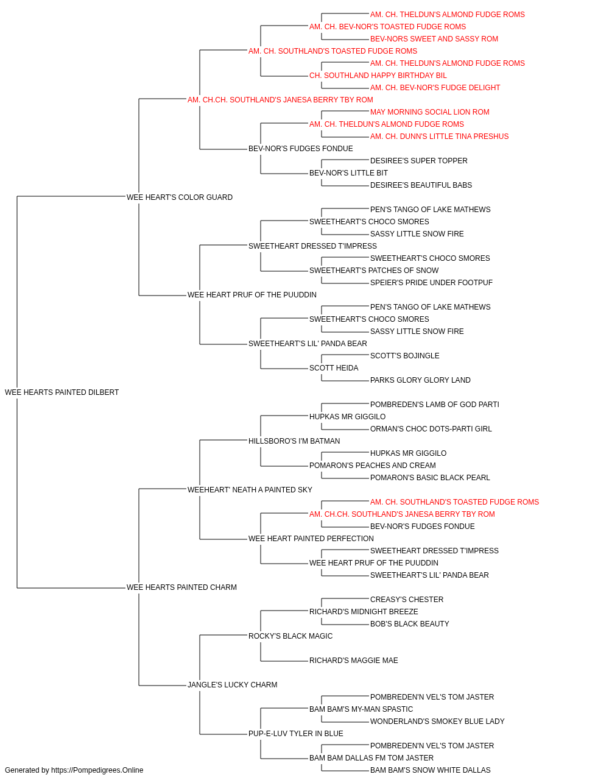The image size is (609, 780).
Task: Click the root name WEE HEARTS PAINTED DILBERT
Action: click(x=62, y=392)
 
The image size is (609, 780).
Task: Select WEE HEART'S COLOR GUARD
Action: click(x=180, y=197)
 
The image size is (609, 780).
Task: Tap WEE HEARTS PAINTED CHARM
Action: click(x=181, y=587)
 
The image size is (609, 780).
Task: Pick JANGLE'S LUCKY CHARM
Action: click(x=233, y=685)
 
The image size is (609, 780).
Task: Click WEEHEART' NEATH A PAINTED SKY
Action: click(x=250, y=490)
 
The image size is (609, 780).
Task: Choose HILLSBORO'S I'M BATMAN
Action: click(x=294, y=441)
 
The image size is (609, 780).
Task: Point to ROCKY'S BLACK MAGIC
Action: click(x=290, y=636)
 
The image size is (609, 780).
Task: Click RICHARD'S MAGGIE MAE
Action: click(x=354, y=661)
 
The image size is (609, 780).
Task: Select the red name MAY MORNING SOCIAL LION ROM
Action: click(x=430, y=112)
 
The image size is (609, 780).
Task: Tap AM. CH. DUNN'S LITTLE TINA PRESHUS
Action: click(x=439, y=136)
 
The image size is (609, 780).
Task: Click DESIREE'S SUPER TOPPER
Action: click(x=419, y=161)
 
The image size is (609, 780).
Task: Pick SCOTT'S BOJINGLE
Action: click(x=404, y=356)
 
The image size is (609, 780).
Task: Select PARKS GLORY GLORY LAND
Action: click(x=420, y=380)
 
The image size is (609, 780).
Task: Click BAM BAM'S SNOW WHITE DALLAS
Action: click(x=431, y=770)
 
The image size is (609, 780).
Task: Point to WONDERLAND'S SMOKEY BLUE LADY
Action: click(x=437, y=721)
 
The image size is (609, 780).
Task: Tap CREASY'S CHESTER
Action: click(x=407, y=600)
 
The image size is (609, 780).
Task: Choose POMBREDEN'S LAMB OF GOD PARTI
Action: click(x=435, y=405)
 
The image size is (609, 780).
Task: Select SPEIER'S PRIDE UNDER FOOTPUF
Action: click(x=431, y=283)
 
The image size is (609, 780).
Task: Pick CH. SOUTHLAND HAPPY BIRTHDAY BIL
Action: click(x=378, y=76)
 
